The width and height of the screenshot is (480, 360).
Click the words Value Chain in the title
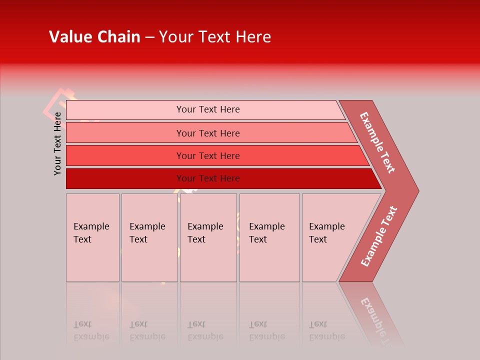pos(94,37)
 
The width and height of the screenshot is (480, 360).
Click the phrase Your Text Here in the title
pos(215,37)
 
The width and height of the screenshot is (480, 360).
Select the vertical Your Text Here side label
pos(58,143)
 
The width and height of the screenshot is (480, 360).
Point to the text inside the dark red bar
pos(208,178)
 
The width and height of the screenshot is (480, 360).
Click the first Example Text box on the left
pos(92,237)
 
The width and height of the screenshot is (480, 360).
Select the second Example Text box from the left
pos(149,237)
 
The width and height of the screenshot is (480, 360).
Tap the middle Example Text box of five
pos(208,237)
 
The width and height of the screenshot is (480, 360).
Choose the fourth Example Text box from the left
pos(269,237)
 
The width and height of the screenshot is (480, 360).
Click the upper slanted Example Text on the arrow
pos(378,142)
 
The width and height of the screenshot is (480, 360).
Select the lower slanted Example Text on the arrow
pos(379,236)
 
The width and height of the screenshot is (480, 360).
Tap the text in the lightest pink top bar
pos(208,109)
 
